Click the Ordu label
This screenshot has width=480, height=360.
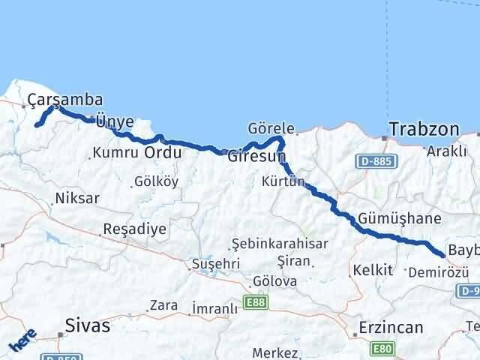[x=162, y=152]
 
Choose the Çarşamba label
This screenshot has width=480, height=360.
[x=64, y=100]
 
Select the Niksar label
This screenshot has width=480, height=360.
[x=77, y=199]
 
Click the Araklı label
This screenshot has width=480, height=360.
[x=446, y=151]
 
